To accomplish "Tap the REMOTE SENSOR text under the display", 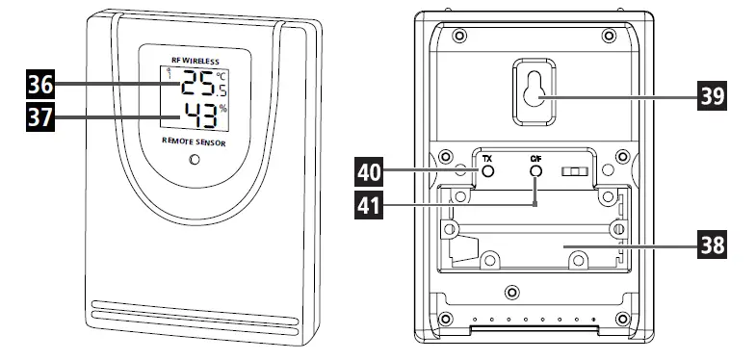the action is click(x=196, y=141).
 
